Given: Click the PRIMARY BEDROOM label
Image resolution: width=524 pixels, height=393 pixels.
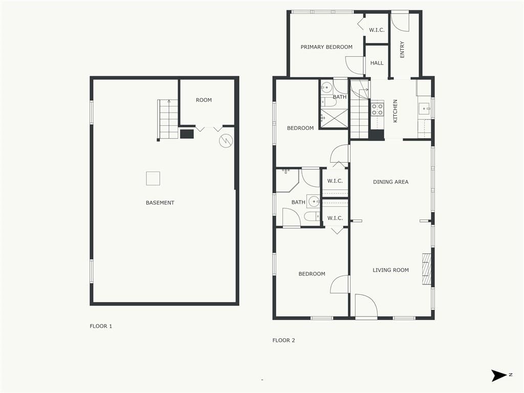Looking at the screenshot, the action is point(326,47).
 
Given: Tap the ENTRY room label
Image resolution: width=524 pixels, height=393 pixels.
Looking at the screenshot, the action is point(402,50).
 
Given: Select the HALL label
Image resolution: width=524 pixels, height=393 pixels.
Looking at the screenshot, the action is point(377,63).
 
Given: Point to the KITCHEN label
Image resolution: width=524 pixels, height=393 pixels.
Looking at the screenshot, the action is point(396,111).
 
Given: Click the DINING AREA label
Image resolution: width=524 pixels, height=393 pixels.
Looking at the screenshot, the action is point(390,182).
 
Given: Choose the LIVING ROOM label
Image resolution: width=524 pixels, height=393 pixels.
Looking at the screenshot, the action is point(390,270).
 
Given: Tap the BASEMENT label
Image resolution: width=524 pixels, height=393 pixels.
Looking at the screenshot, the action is point(160,203).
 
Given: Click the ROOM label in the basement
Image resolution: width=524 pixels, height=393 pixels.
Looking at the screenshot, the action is point(204,100).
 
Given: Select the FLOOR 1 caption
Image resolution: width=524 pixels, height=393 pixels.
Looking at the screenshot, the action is point(101,326).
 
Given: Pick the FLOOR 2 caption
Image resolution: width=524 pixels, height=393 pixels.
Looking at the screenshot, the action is point(283,340).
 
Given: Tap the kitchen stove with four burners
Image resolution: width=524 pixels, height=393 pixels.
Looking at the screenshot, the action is point(377,110).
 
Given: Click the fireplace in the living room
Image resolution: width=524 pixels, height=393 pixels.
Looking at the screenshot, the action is point(427,269).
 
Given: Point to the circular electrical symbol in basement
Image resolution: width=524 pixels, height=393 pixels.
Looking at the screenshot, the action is point(226,141).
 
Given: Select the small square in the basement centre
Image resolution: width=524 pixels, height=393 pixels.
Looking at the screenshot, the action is point(153,179).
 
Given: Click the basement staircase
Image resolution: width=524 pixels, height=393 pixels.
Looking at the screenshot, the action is point(168,119).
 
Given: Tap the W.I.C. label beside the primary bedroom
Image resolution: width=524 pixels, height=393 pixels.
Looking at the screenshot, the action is point(377,30).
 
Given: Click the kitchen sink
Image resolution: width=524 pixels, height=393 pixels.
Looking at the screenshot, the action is point(425,109).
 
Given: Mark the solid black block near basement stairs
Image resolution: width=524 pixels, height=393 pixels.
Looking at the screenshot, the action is point(187,134).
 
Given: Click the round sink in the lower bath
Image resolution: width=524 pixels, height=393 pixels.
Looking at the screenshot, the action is point(314,202).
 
